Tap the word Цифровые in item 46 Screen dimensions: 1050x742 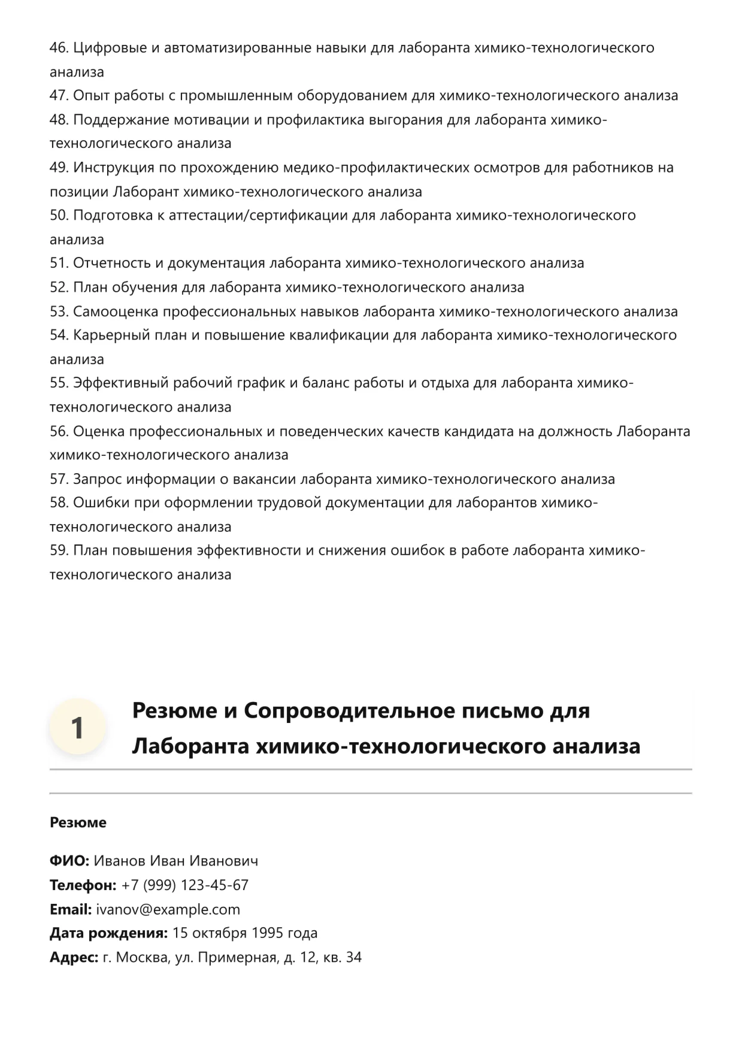[110, 48]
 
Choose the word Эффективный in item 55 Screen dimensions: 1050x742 [121, 383]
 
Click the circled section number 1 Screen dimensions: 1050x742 [77, 728]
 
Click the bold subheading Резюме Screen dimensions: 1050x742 [78, 823]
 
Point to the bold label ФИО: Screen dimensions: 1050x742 [69, 861]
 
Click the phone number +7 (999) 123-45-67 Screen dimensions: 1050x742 [184, 885]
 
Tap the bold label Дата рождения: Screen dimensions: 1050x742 [108, 933]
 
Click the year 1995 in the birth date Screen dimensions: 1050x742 [267, 933]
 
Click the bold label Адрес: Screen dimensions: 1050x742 [74, 957]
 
